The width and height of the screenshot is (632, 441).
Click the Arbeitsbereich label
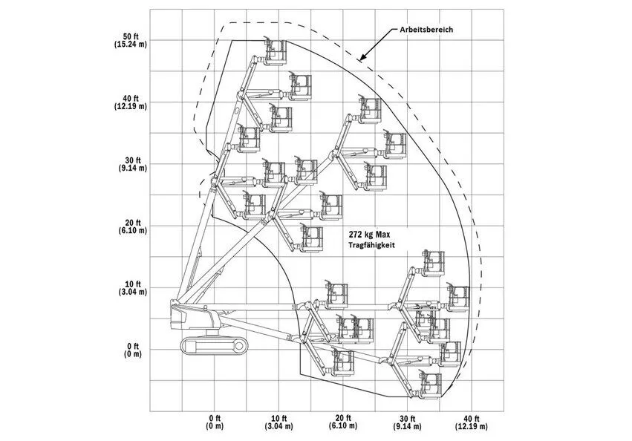coord(426,30)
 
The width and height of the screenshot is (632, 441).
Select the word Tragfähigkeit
coord(371,245)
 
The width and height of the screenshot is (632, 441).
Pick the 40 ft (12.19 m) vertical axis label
coord(131,102)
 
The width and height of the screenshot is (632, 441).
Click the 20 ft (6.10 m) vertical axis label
coord(131,226)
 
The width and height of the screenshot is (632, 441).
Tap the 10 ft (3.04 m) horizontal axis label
coord(278,422)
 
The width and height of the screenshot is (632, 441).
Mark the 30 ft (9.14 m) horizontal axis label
coord(408,422)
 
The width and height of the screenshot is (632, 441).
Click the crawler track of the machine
coord(214,346)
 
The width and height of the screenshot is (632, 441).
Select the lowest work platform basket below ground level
coord(431,385)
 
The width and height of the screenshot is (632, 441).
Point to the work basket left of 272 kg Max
coord(312,238)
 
